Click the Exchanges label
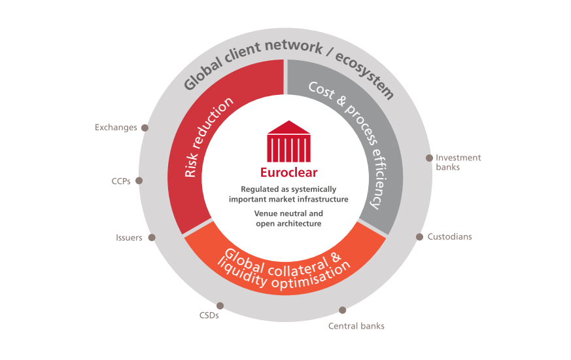coord(116,128)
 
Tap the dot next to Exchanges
coord(145,128)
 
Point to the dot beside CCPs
coord(139,181)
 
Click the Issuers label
coord(129,238)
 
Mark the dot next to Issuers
coord(151,238)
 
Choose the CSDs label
coord(209,315)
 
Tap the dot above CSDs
coord(220,305)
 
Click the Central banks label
coord(356,325)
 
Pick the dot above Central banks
coord(342,310)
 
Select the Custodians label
coord(449,236)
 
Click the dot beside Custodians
coord(419,236)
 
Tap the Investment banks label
coord(458,162)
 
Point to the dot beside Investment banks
coord(429,158)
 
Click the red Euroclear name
coord(288,173)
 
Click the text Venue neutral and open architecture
coord(288,219)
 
